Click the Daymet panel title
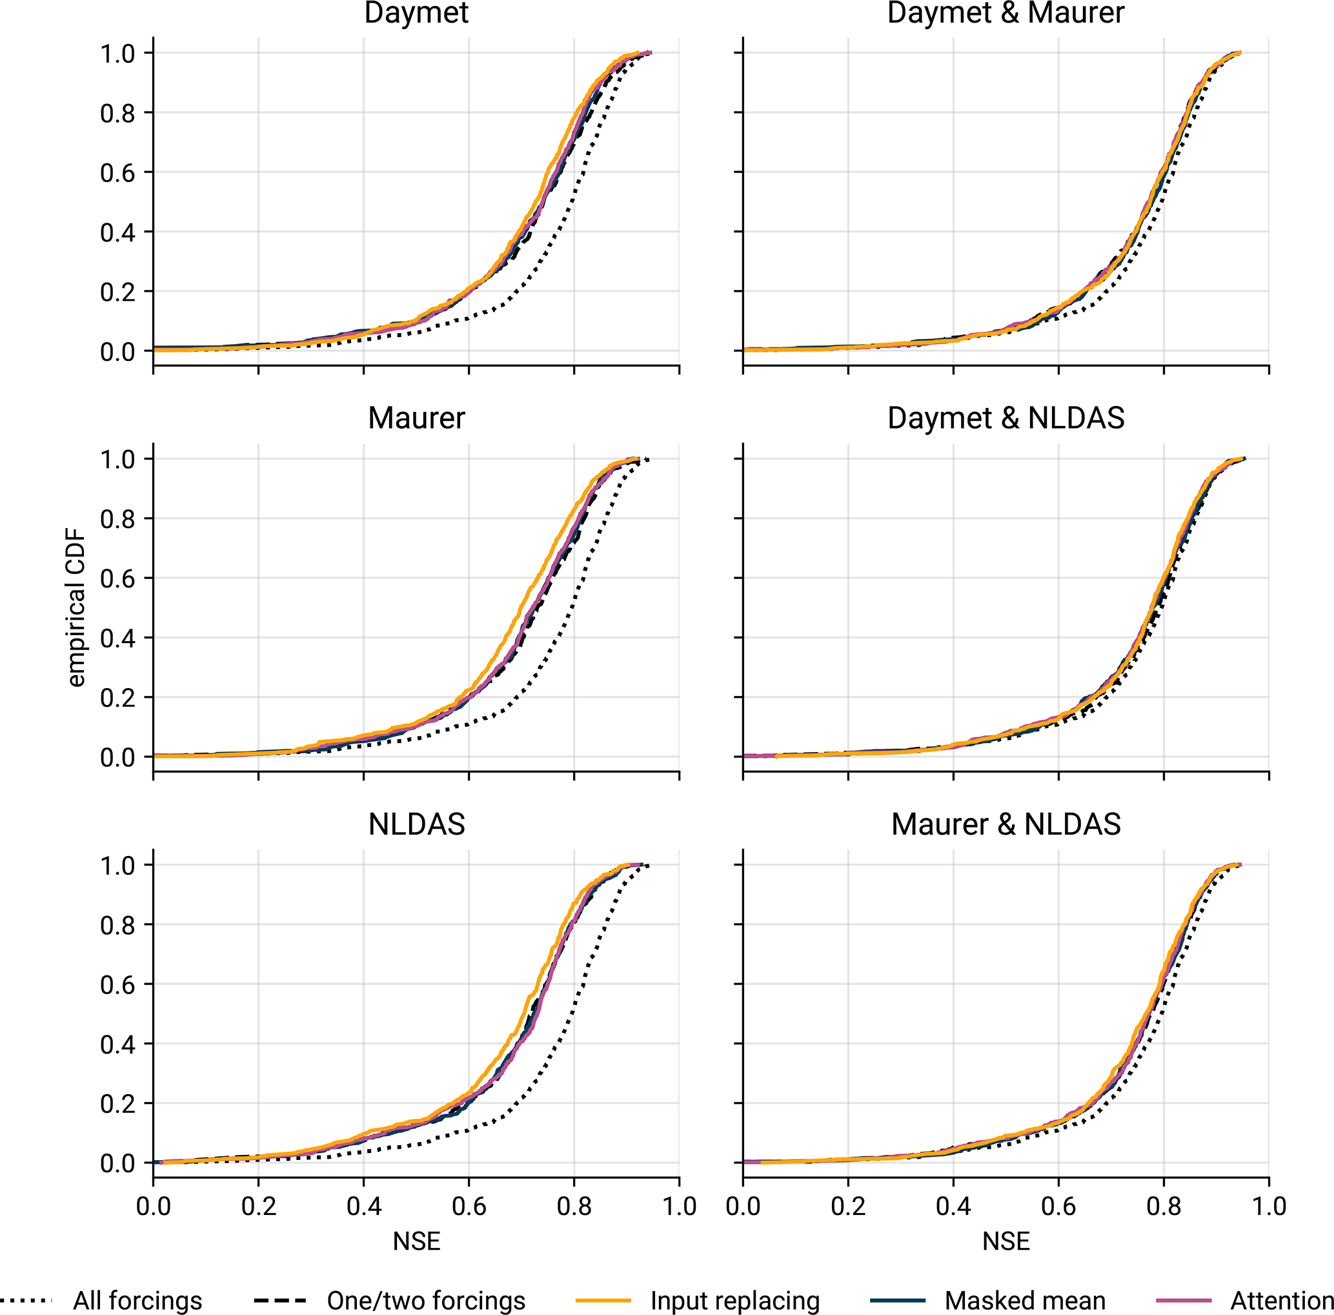[x=416, y=14]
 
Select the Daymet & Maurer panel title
[x=1006, y=14]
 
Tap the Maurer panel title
[x=416, y=418]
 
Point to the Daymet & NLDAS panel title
[x=1006, y=418]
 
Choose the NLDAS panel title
[x=416, y=824]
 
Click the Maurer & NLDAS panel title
[x=1006, y=824]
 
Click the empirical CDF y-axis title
[x=76, y=607]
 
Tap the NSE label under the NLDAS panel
[x=416, y=1242]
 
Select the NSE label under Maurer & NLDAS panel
[x=1006, y=1242]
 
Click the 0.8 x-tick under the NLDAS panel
[x=574, y=1207]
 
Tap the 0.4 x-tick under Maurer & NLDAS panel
[x=953, y=1207]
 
